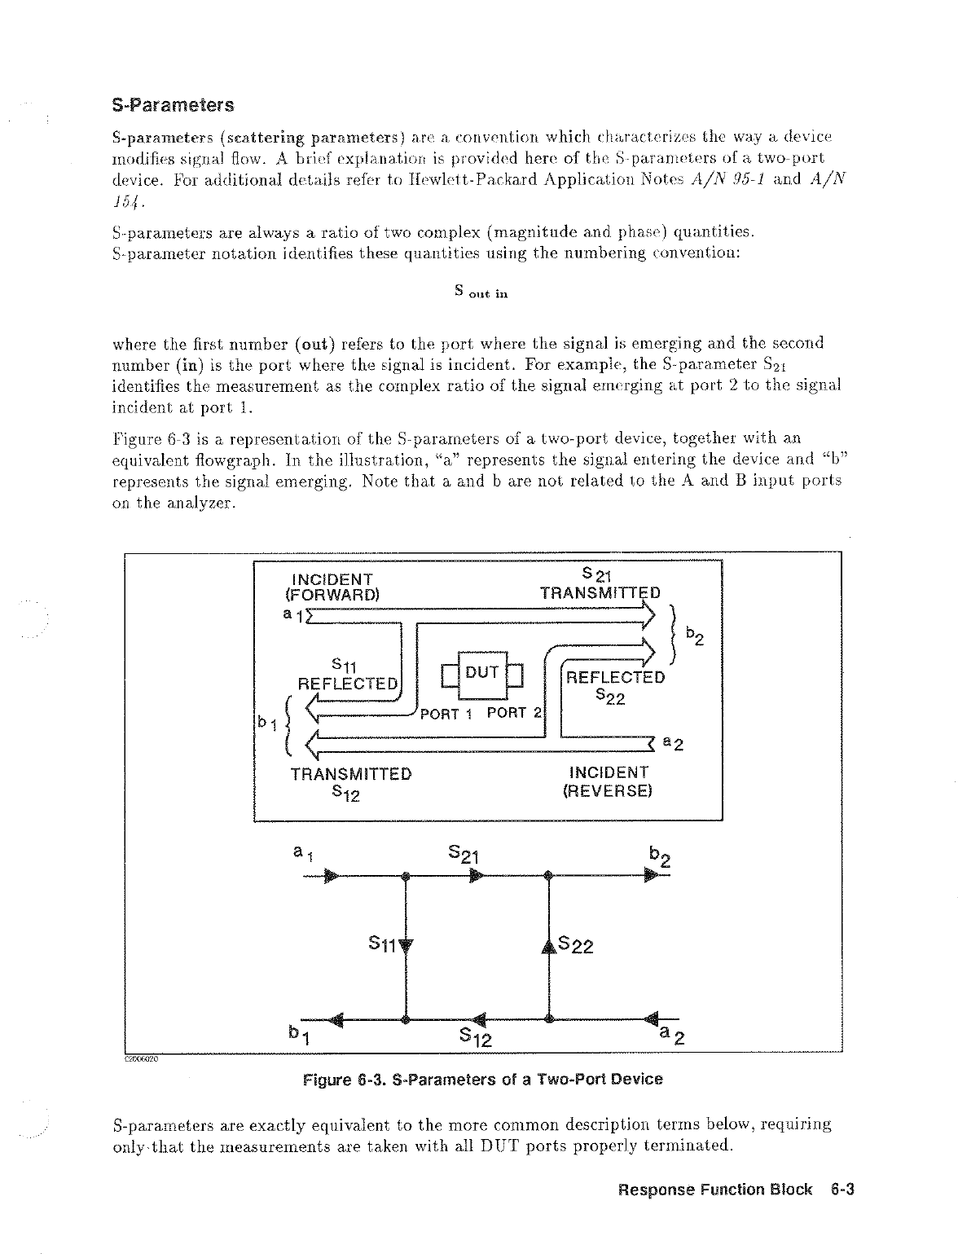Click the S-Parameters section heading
(x=173, y=106)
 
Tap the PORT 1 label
(x=446, y=715)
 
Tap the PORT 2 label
(x=514, y=714)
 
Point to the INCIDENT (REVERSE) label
(x=609, y=781)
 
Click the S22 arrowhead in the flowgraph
(x=549, y=945)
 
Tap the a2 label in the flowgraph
(x=672, y=1036)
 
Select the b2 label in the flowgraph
(x=659, y=856)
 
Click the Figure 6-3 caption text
(x=482, y=1080)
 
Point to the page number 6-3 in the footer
(x=842, y=1190)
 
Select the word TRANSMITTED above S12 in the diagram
(x=351, y=773)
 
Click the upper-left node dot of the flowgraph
(x=405, y=877)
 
